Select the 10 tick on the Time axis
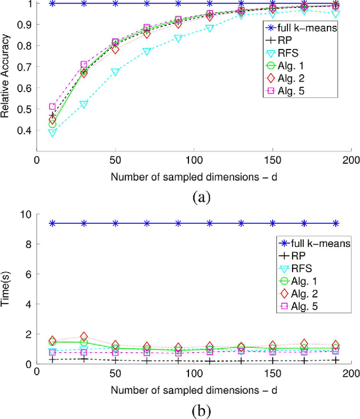[25, 214]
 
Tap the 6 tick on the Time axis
[28, 274]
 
